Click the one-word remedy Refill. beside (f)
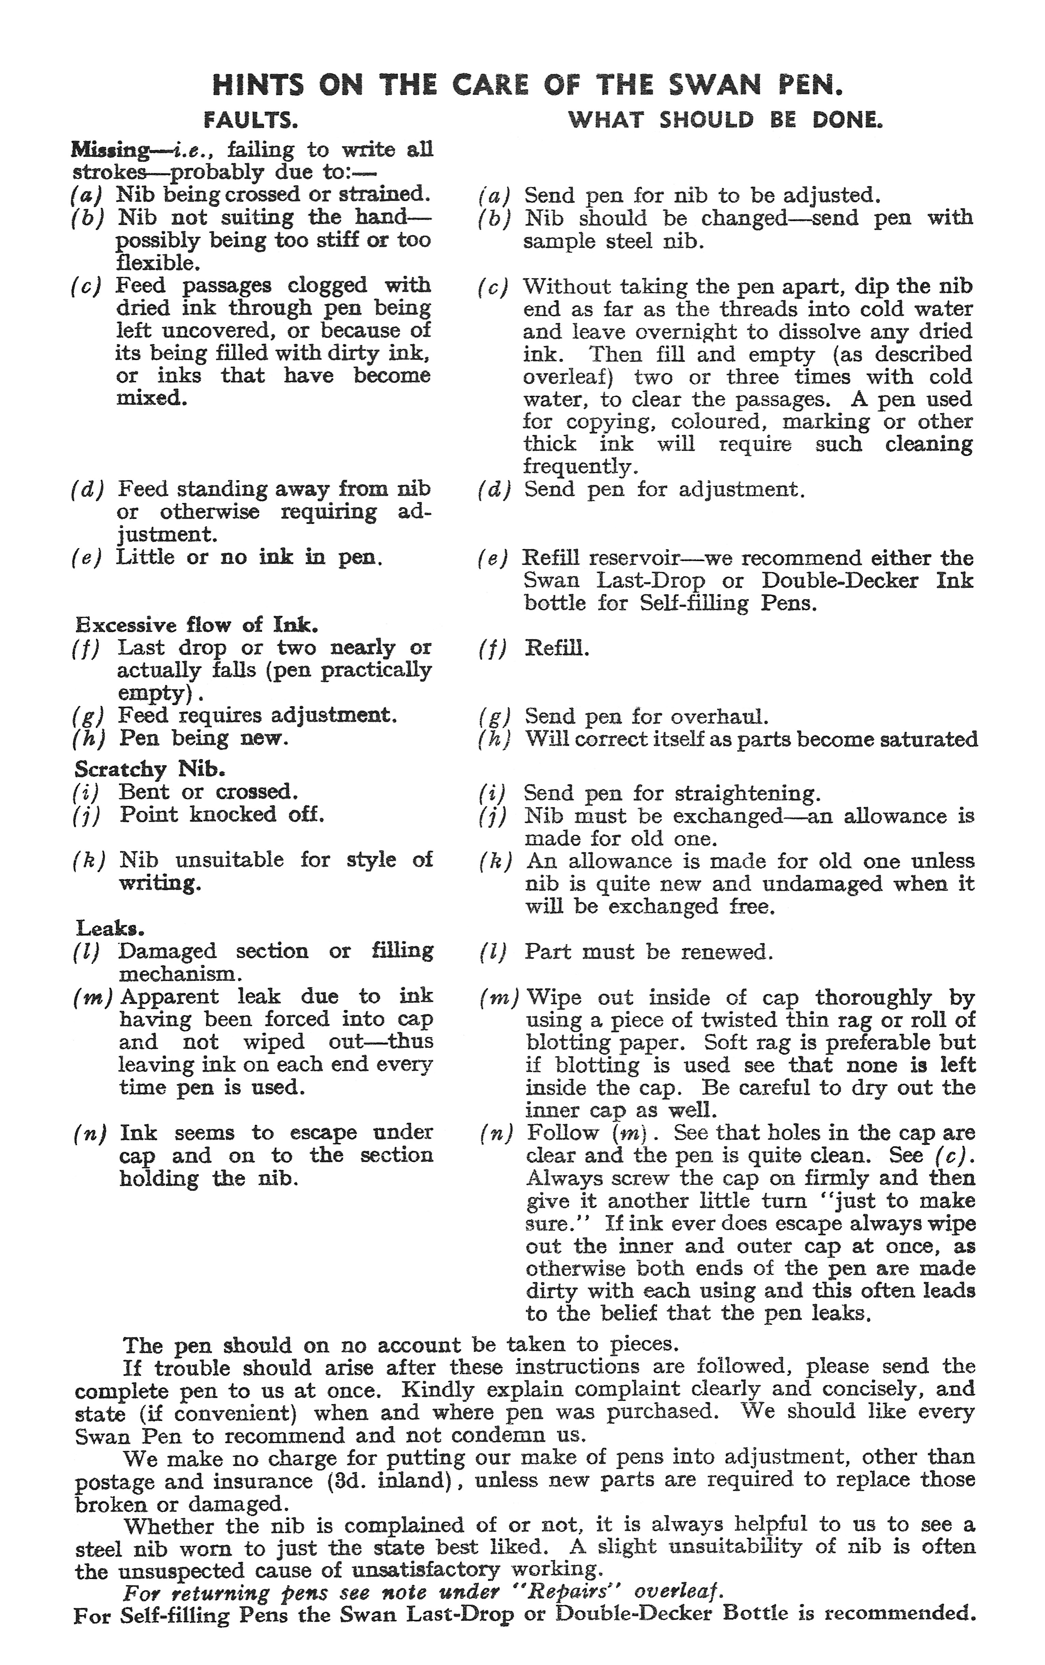[x=557, y=649]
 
